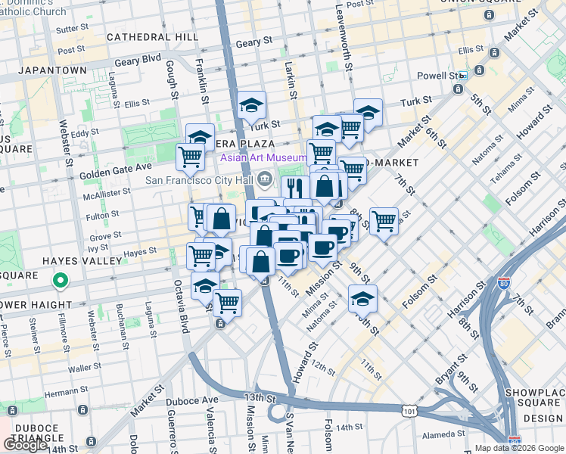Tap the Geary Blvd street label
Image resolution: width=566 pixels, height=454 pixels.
coord(138,58)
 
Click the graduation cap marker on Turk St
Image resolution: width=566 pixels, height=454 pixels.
coord(251,107)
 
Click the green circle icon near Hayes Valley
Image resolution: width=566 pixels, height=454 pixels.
coord(61,283)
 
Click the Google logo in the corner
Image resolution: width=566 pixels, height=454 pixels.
coord(26,444)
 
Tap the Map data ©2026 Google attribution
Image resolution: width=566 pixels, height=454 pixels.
coord(519,448)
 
